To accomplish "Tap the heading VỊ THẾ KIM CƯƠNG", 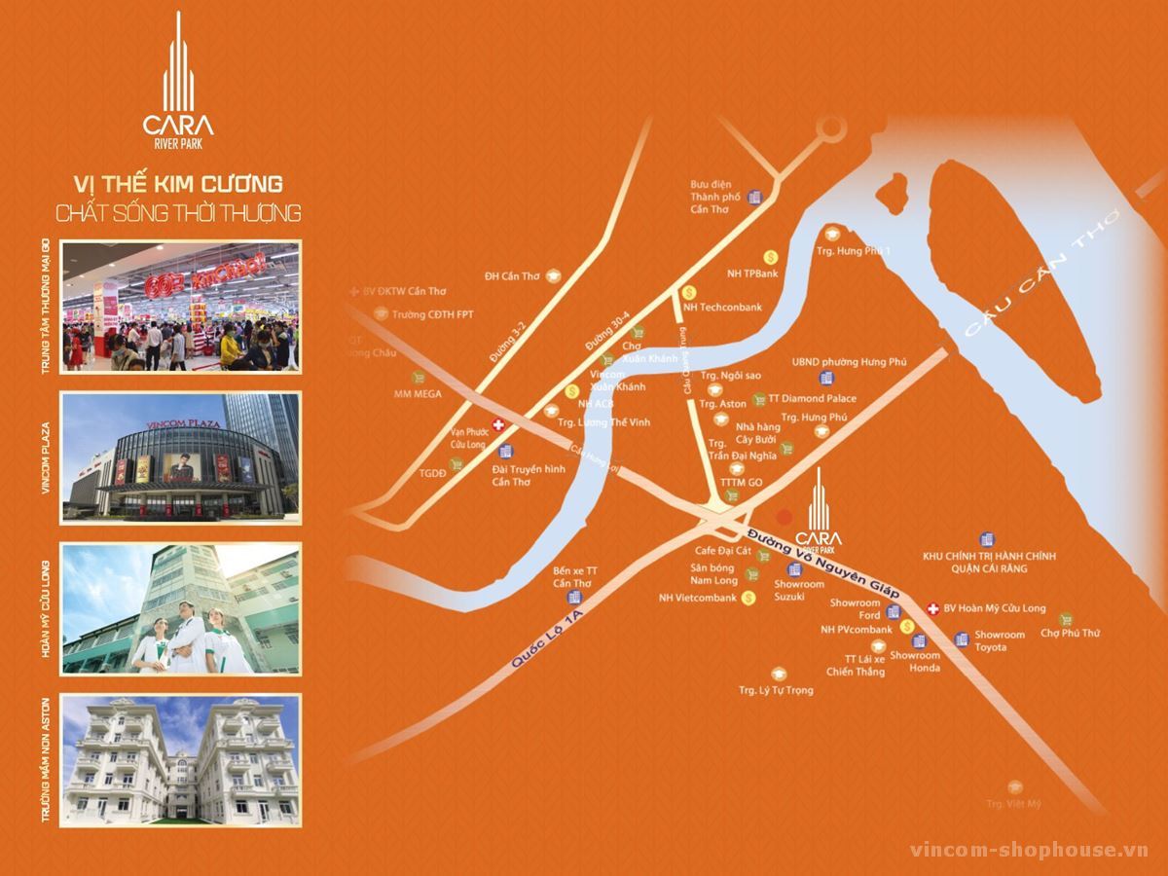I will (178, 182).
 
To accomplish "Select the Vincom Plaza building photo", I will (181, 457).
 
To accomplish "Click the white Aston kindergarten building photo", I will (181, 759).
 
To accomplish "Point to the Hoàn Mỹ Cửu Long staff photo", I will (181, 609).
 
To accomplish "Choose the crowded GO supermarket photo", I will (181, 307).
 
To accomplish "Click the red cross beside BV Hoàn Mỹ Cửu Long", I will (932, 608).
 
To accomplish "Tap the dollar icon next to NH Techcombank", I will (689, 291).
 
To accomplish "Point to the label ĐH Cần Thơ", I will (512, 276).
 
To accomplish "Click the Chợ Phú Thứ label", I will (1070, 633).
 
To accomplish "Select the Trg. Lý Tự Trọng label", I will (776, 690).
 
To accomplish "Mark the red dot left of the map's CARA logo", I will (784, 516).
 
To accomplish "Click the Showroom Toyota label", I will (1000, 640).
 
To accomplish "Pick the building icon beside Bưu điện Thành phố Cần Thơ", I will (754, 196).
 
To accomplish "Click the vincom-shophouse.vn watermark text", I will (1029, 850).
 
